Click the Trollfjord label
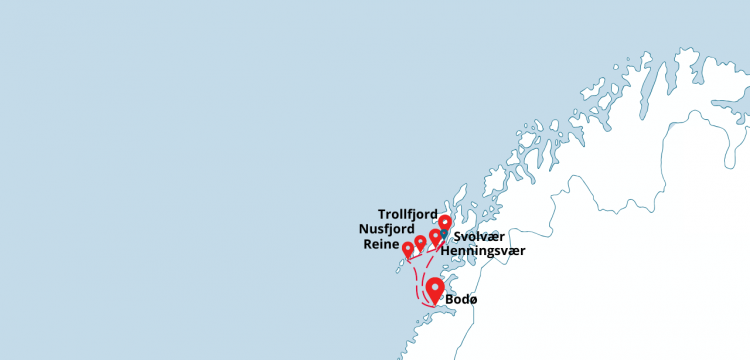408,214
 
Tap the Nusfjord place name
388,229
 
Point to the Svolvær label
480,237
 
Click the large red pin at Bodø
435,290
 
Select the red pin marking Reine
408,248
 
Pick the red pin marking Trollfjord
445,222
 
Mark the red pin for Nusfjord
420,242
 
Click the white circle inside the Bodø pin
435,286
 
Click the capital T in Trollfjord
382,214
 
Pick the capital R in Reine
369,245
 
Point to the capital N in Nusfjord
363,229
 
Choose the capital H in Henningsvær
445,250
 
